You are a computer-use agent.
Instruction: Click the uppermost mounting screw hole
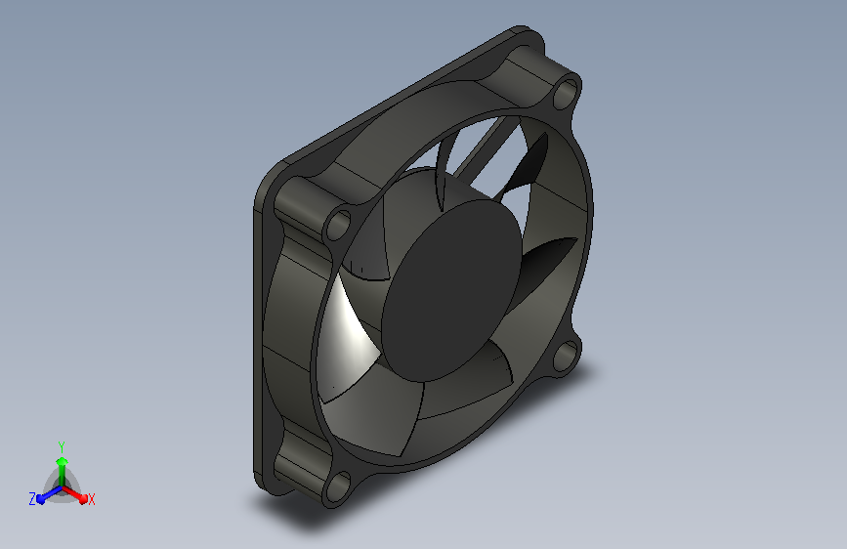[566, 94]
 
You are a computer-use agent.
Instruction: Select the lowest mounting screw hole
[338, 486]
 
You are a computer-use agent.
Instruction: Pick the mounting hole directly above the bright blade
[338, 225]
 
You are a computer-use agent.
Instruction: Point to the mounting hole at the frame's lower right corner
[566, 355]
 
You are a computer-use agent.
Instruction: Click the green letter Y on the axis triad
[62, 446]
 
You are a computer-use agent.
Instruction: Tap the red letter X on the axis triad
[92, 500]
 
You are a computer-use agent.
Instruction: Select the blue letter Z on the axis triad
[32, 499]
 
